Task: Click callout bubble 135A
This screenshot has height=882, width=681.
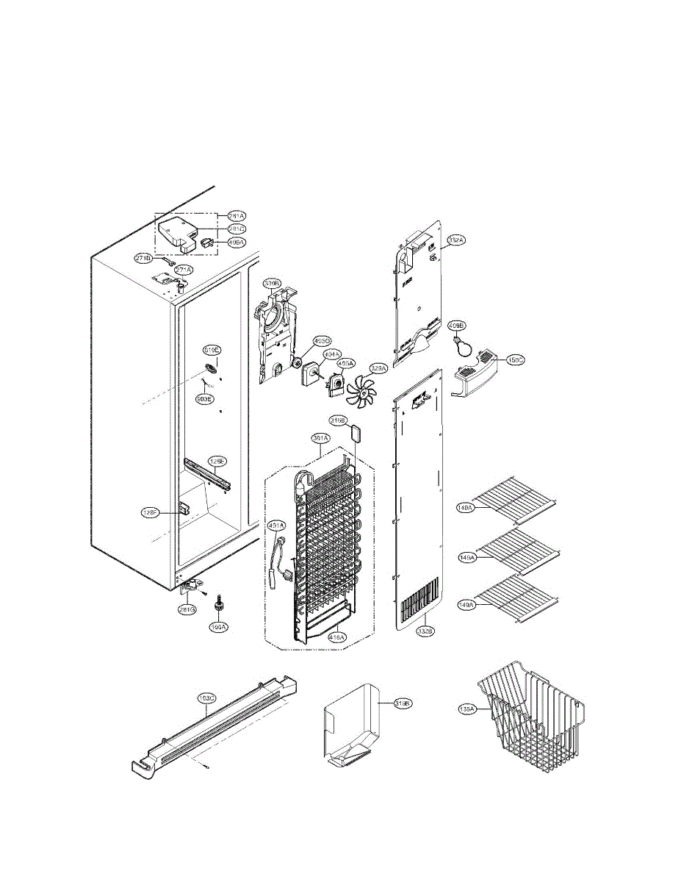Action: pyautogui.click(x=468, y=709)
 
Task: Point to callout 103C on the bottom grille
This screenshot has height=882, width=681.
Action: pyautogui.click(x=206, y=697)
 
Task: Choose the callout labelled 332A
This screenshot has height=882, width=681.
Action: pyautogui.click(x=456, y=240)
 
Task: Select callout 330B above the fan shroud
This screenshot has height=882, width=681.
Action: pyautogui.click(x=273, y=284)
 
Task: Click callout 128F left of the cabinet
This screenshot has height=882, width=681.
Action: pyautogui.click(x=151, y=512)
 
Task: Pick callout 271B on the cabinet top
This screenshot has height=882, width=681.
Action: pyautogui.click(x=144, y=258)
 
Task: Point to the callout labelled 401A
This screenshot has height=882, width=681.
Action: pyautogui.click(x=275, y=526)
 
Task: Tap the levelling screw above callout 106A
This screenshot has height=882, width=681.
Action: pyautogui.click(x=218, y=606)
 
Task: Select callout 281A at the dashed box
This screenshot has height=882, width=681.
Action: pyautogui.click(x=236, y=216)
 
